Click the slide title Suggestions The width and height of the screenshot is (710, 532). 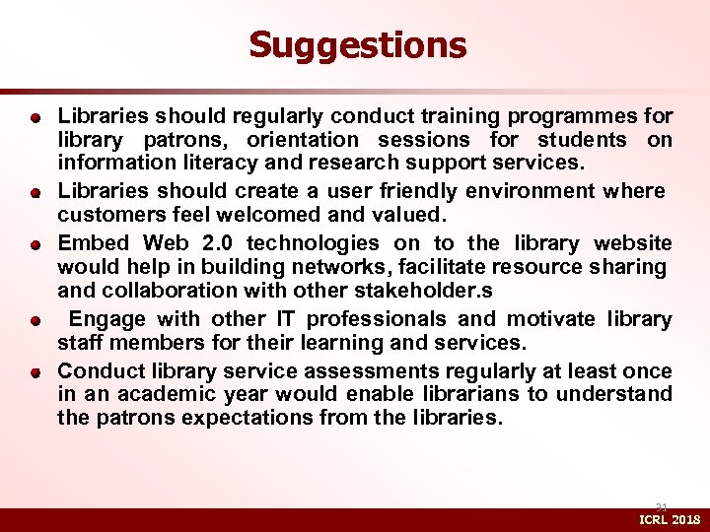357,44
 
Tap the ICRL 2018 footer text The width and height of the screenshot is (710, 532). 671,519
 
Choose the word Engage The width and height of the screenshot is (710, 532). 106,319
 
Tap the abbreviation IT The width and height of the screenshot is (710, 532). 286,319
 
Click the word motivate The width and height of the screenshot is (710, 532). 550,319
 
